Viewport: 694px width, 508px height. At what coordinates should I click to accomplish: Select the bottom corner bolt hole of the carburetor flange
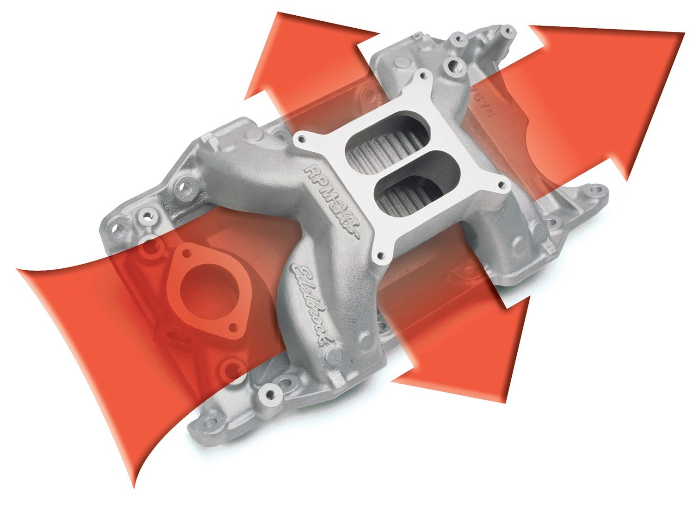point(381,255)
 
